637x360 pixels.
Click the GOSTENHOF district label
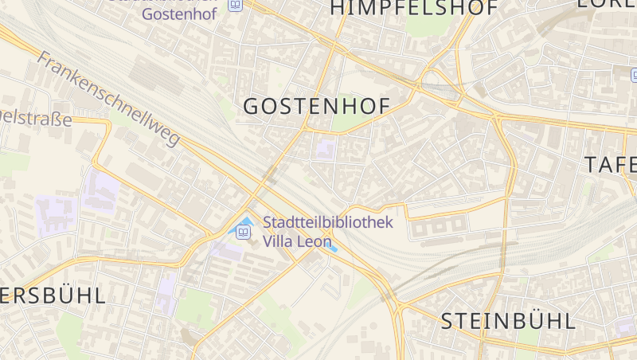click(316, 107)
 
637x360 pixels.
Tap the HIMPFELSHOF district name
click(413, 9)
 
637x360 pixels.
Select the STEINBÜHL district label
click(508, 321)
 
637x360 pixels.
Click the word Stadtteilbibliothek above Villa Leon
click(327, 222)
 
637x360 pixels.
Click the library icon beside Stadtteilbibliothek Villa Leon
click(244, 232)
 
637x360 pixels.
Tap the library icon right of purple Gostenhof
click(235, 5)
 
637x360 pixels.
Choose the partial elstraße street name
click(36, 119)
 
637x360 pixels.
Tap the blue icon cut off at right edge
click(634, 75)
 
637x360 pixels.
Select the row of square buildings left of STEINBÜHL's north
click(437, 229)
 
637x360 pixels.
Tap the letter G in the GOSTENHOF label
click(252, 107)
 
